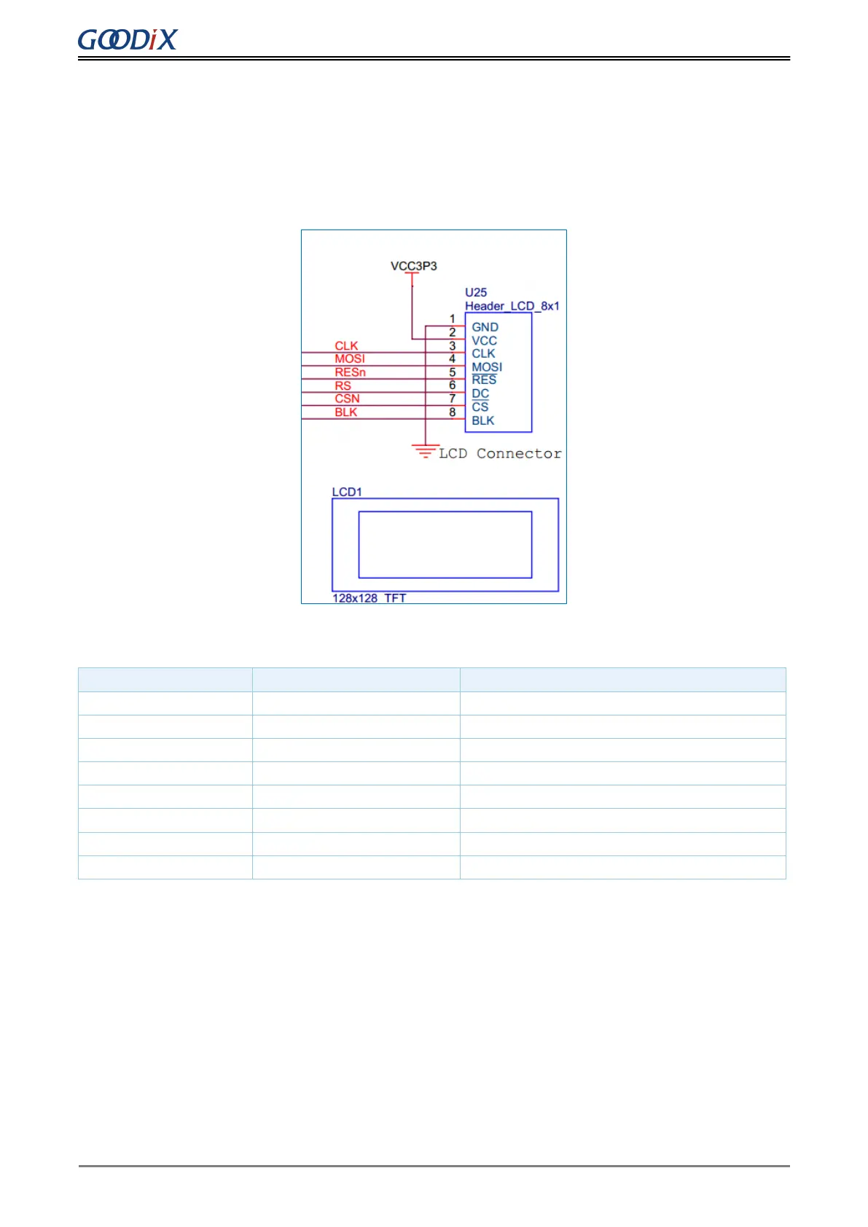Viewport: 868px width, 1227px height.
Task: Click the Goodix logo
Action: point(128,39)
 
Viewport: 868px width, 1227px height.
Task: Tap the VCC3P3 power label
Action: point(413,266)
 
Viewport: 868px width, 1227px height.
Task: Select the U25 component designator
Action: point(476,292)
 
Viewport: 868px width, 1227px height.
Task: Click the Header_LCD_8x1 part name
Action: point(512,306)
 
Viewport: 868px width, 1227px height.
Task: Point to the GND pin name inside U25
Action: point(485,327)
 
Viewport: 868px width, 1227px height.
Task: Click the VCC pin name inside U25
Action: point(484,340)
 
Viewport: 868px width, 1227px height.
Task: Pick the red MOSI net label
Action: point(350,358)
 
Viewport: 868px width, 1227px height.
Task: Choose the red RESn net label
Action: point(351,372)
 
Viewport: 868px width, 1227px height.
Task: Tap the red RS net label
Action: point(343,385)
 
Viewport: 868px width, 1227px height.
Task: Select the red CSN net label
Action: point(348,399)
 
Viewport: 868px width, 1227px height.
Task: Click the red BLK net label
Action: point(346,412)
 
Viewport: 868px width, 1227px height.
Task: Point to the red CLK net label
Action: point(347,346)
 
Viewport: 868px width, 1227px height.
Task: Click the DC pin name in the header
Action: point(480,393)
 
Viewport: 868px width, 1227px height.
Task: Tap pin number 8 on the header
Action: point(453,412)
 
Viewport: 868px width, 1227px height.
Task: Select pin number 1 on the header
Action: point(453,319)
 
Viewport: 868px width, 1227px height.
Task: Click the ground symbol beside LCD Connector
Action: point(426,450)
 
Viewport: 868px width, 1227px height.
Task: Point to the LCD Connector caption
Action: point(500,453)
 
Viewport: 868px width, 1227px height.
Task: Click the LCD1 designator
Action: point(347,492)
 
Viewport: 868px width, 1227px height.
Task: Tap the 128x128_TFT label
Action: point(370,598)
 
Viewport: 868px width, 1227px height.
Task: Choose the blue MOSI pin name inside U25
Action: point(487,367)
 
